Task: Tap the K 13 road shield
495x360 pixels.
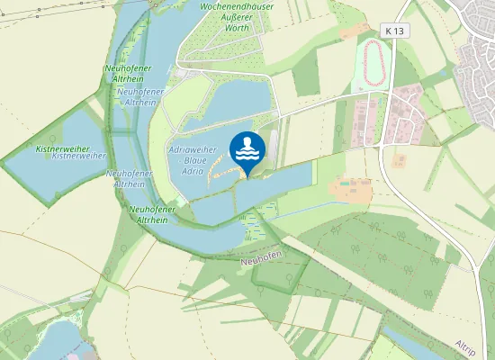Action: coord(393,31)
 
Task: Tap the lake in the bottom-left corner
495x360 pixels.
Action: coord(54,342)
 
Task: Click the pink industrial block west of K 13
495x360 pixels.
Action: coord(367,121)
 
